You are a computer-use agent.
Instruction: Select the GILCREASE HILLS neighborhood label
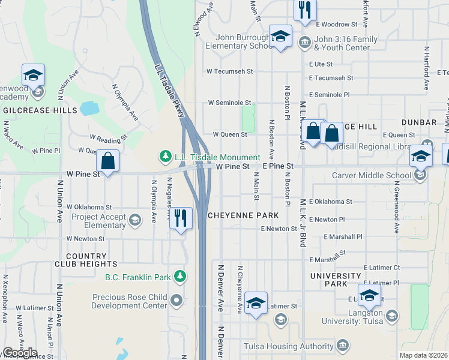tap(40, 110)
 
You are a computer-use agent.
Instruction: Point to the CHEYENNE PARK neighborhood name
tap(243, 215)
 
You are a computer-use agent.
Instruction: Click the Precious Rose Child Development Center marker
tap(176, 299)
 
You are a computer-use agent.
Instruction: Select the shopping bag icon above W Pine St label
tap(108, 161)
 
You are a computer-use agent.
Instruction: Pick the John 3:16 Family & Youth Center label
tap(345, 43)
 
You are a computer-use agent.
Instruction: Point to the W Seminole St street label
tap(229, 103)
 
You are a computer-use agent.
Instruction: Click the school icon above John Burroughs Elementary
tap(280, 35)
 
